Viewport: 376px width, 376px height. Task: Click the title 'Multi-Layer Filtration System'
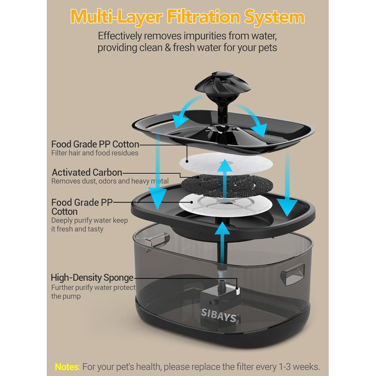point(187,17)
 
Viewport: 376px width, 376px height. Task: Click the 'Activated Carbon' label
point(87,172)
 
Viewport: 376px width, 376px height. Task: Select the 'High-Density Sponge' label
point(92,278)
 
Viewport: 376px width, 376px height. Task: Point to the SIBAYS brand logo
point(219,315)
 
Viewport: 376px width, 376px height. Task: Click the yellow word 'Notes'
point(67,367)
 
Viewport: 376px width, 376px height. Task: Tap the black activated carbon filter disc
point(227,186)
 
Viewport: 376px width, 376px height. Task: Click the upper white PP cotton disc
point(226,163)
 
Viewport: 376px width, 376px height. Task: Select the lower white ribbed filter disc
point(226,205)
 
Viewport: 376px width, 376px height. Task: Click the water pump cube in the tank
point(219,302)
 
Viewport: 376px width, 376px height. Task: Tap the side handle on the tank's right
point(292,274)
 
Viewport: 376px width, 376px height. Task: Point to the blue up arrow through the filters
point(225,180)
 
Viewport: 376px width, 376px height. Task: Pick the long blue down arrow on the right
point(287,185)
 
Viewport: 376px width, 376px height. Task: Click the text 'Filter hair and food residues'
point(95,153)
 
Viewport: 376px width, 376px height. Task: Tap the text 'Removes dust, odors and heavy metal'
point(110,181)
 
